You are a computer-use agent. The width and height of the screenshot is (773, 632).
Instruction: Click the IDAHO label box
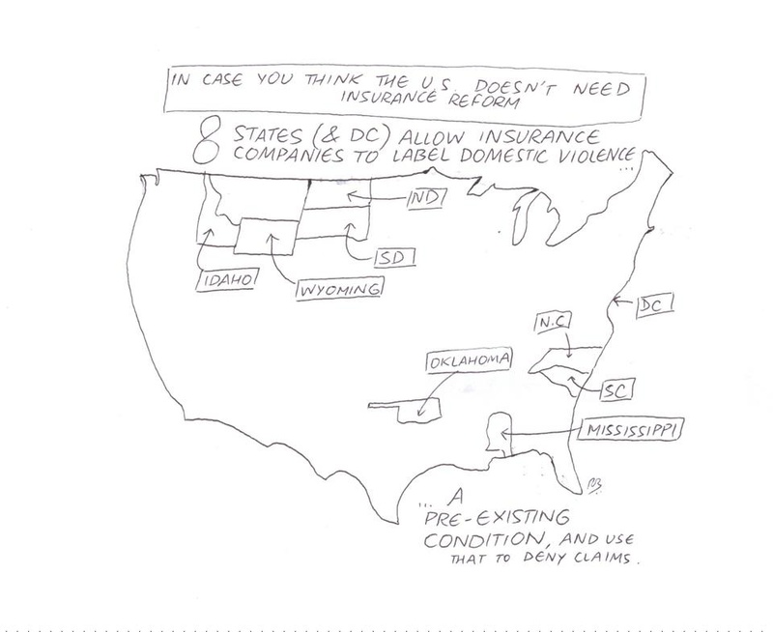point(225,278)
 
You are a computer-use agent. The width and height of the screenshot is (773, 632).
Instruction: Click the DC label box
point(654,304)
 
